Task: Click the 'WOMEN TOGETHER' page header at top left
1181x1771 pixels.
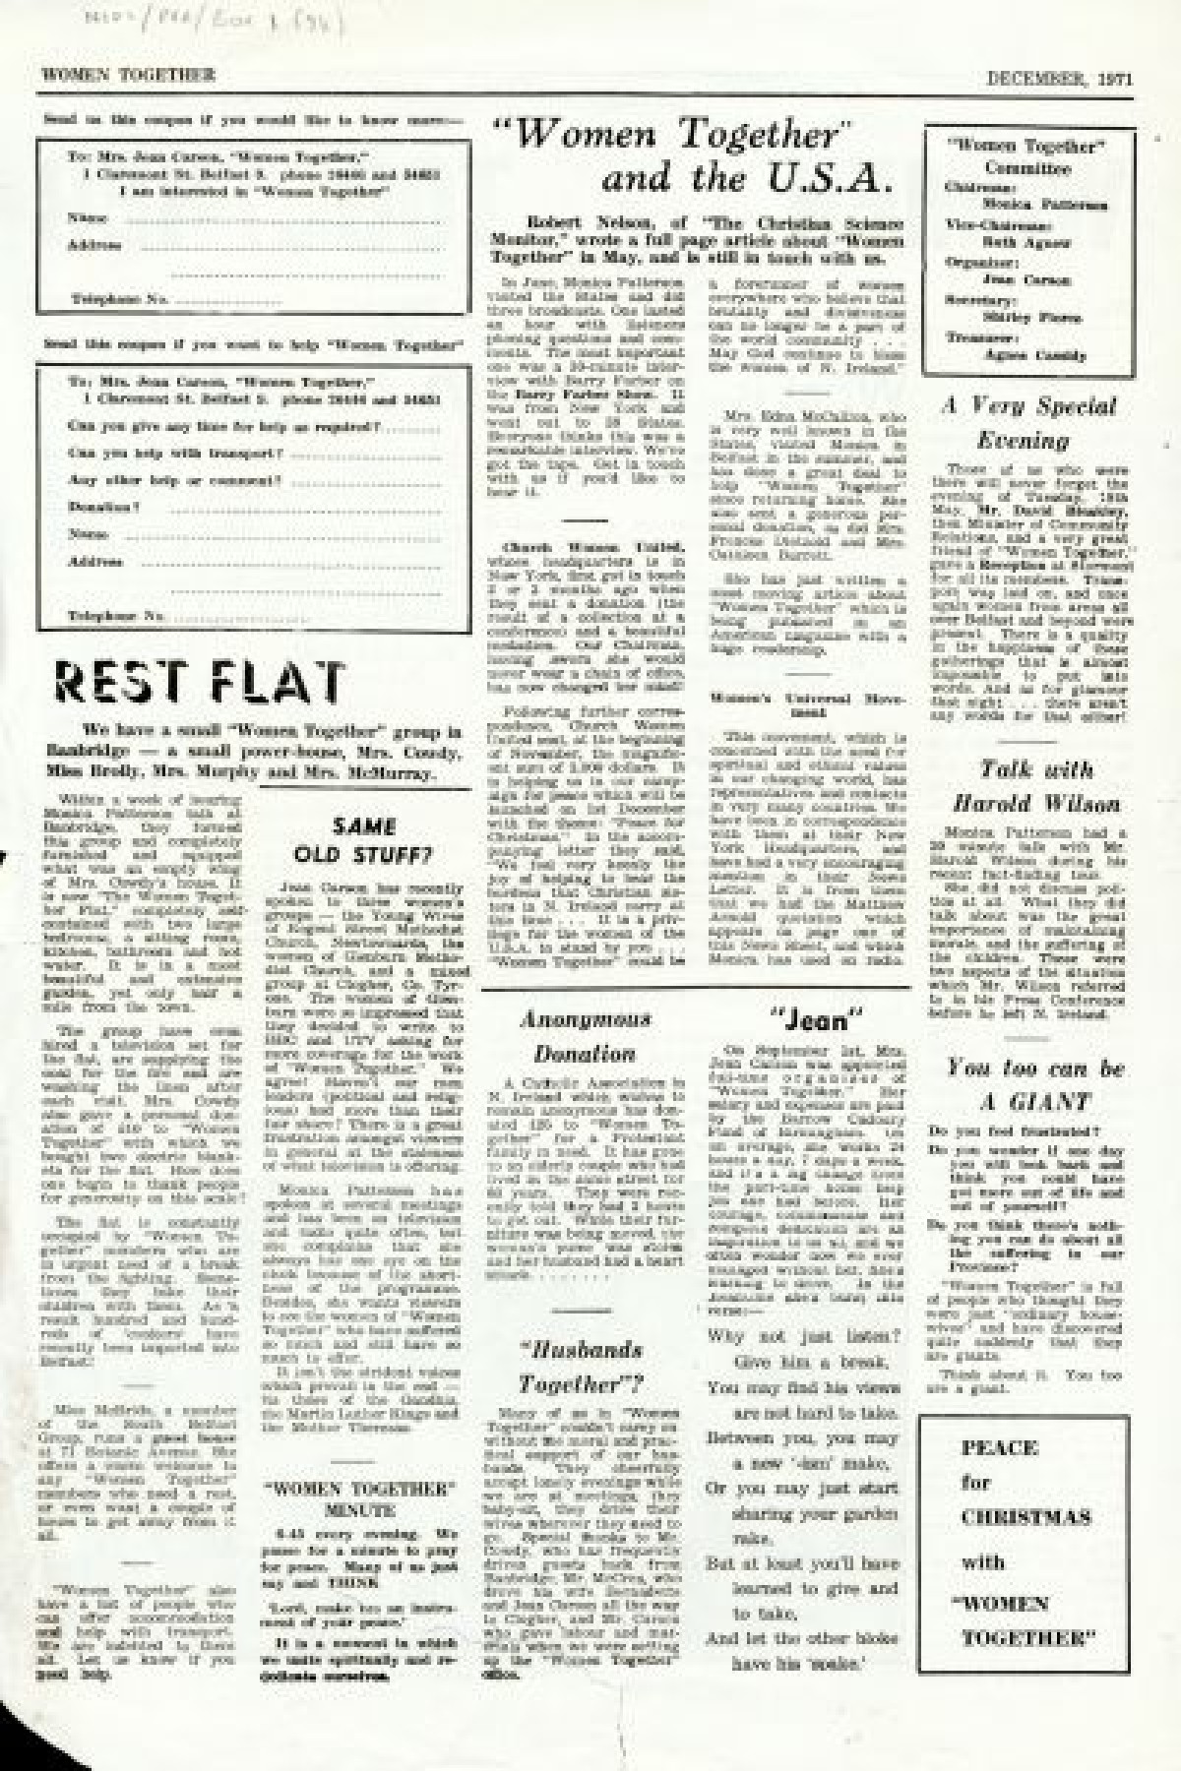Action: (x=128, y=75)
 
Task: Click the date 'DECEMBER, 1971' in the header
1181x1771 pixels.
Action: (x=1059, y=80)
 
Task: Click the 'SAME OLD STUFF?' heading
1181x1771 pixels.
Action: (x=363, y=840)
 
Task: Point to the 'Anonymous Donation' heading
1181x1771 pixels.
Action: (x=585, y=1037)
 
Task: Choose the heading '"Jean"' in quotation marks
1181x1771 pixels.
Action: (x=814, y=1019)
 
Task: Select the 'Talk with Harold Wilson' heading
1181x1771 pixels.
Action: (x=1035, y=786)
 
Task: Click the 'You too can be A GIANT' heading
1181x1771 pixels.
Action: (x=1034, y=1084)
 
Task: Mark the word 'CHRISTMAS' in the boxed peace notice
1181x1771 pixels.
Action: (x=1026, y=1516)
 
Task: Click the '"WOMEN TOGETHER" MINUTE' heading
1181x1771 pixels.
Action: (x=359, y=1498)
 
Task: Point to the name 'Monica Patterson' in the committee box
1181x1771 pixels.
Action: (x=1044, y=205)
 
